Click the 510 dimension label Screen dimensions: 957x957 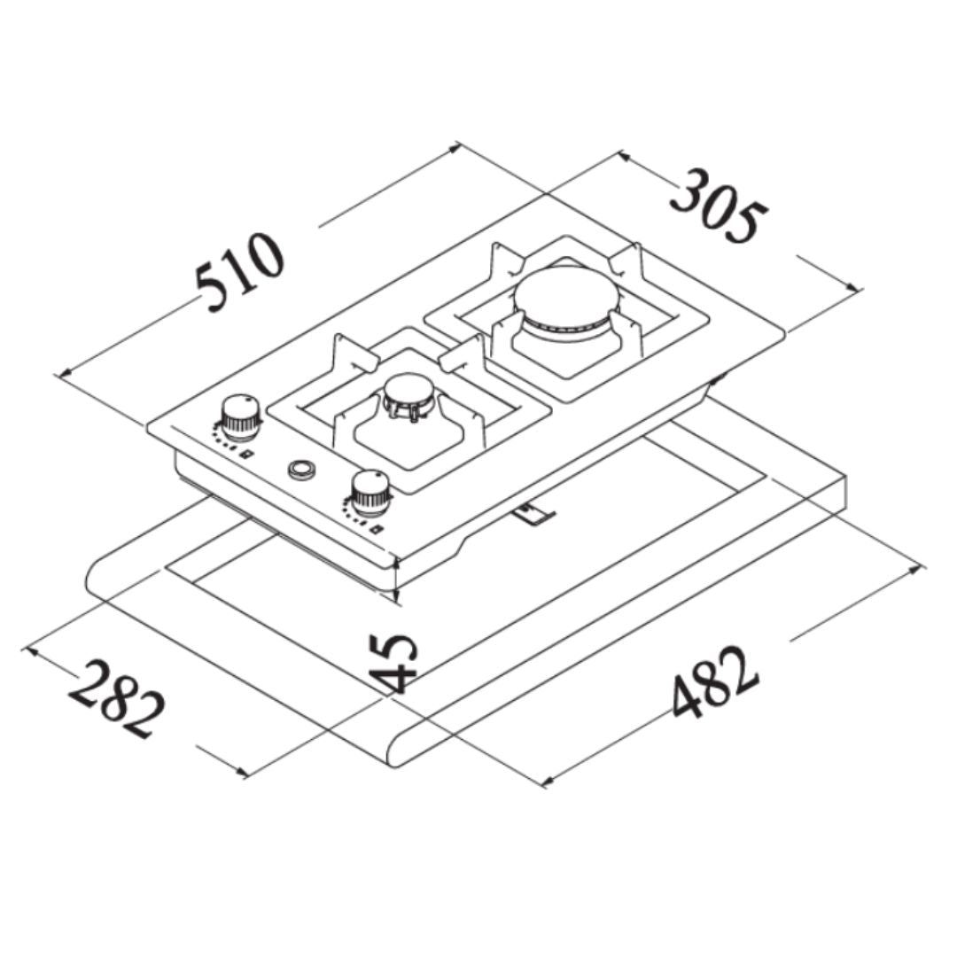[239, 272]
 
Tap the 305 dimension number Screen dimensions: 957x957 [719, 206]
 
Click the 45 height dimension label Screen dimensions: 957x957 [393, 663]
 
